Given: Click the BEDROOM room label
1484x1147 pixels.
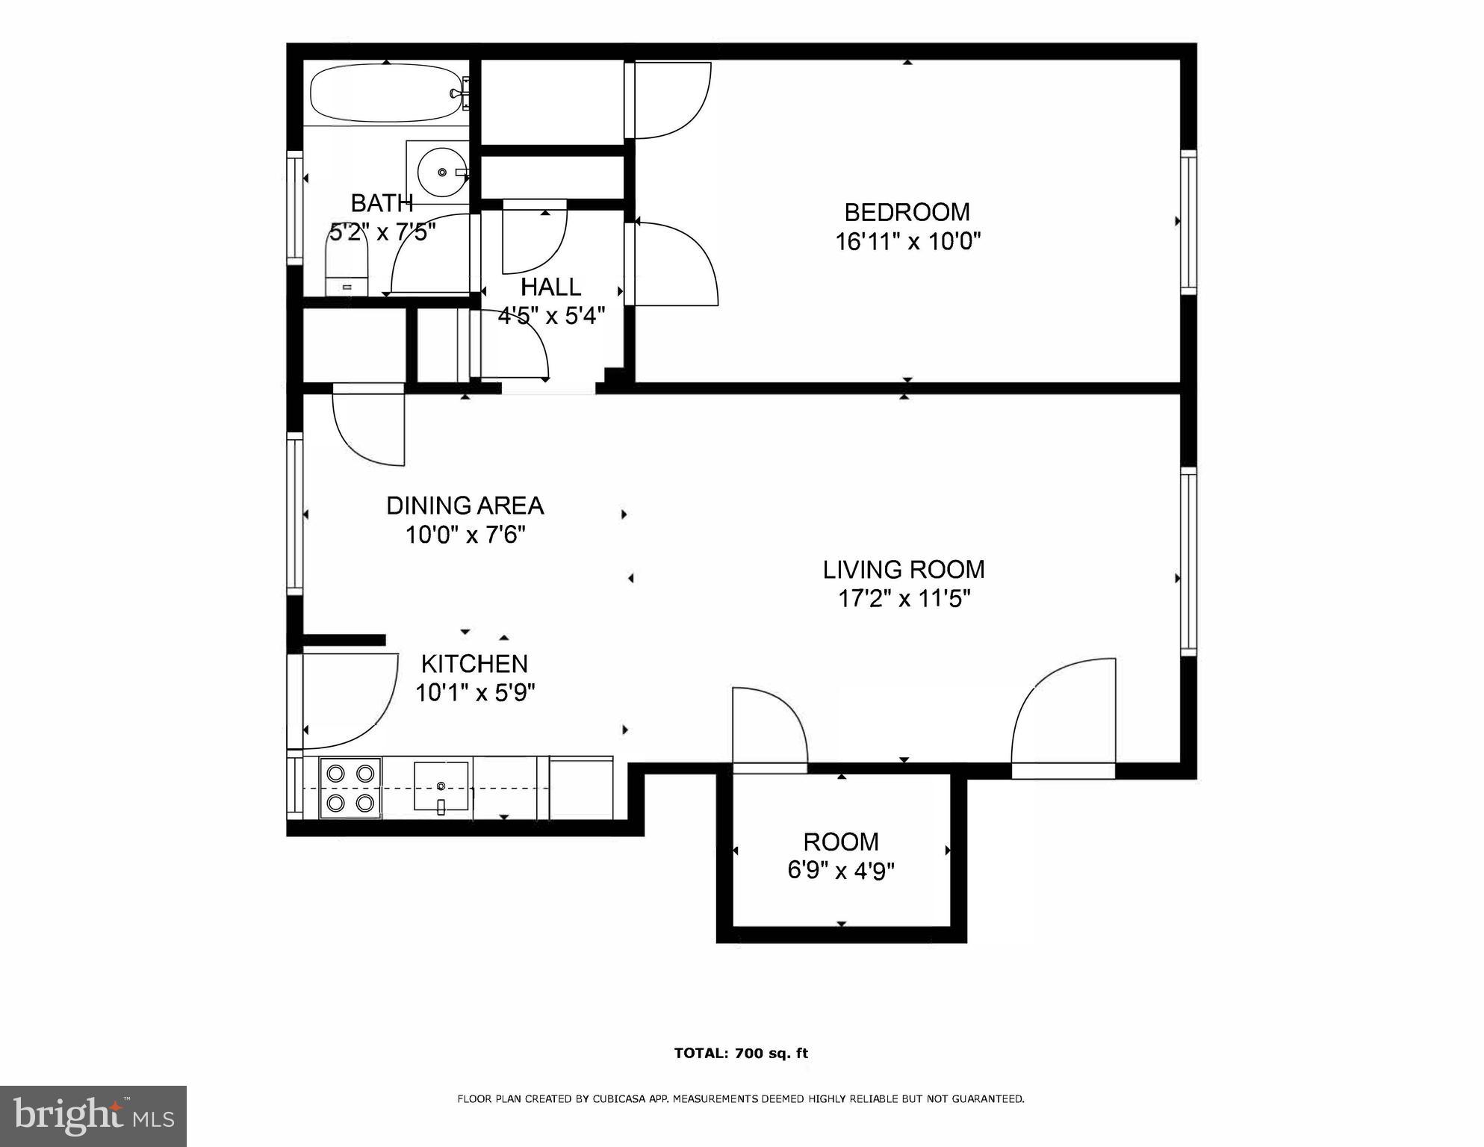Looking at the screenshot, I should [x=907, y=213].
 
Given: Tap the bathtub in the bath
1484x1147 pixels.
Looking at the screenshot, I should [x=386, y=93].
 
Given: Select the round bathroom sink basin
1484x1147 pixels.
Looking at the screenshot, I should [x=441, y=172].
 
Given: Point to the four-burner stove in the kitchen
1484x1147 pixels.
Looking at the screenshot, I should [x=350, y=788].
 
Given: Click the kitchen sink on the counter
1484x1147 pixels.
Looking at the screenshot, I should [x=441, y=786].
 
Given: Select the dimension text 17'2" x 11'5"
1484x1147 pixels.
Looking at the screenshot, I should [x=904, y=599].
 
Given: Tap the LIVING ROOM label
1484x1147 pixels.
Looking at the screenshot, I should [x=904, y=570].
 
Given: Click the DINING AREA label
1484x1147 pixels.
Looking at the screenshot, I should [x=465, y=506].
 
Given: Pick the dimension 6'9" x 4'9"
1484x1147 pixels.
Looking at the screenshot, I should [x=841, y=871].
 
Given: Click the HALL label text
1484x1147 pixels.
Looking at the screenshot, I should [x=550, y=287].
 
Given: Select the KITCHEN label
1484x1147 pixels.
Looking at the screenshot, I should [x=474, y=664].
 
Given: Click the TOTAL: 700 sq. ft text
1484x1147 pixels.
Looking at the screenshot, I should [x=741, y=1054].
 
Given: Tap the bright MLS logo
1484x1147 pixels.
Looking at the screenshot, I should [x=93, y=1116].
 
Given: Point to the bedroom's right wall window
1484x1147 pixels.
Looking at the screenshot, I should [x=1187, y=222].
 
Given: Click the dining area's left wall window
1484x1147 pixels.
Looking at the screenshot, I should [x=295, y=514].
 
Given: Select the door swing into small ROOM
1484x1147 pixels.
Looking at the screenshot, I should [x=769, y=728].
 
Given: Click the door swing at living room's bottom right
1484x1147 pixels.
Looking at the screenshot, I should [x=1064, y=717].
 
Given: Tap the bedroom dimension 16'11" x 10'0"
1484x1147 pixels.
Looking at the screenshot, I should [x=907, y=242].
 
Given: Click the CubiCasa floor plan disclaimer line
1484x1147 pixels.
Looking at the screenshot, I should [x=740, y=1098].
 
